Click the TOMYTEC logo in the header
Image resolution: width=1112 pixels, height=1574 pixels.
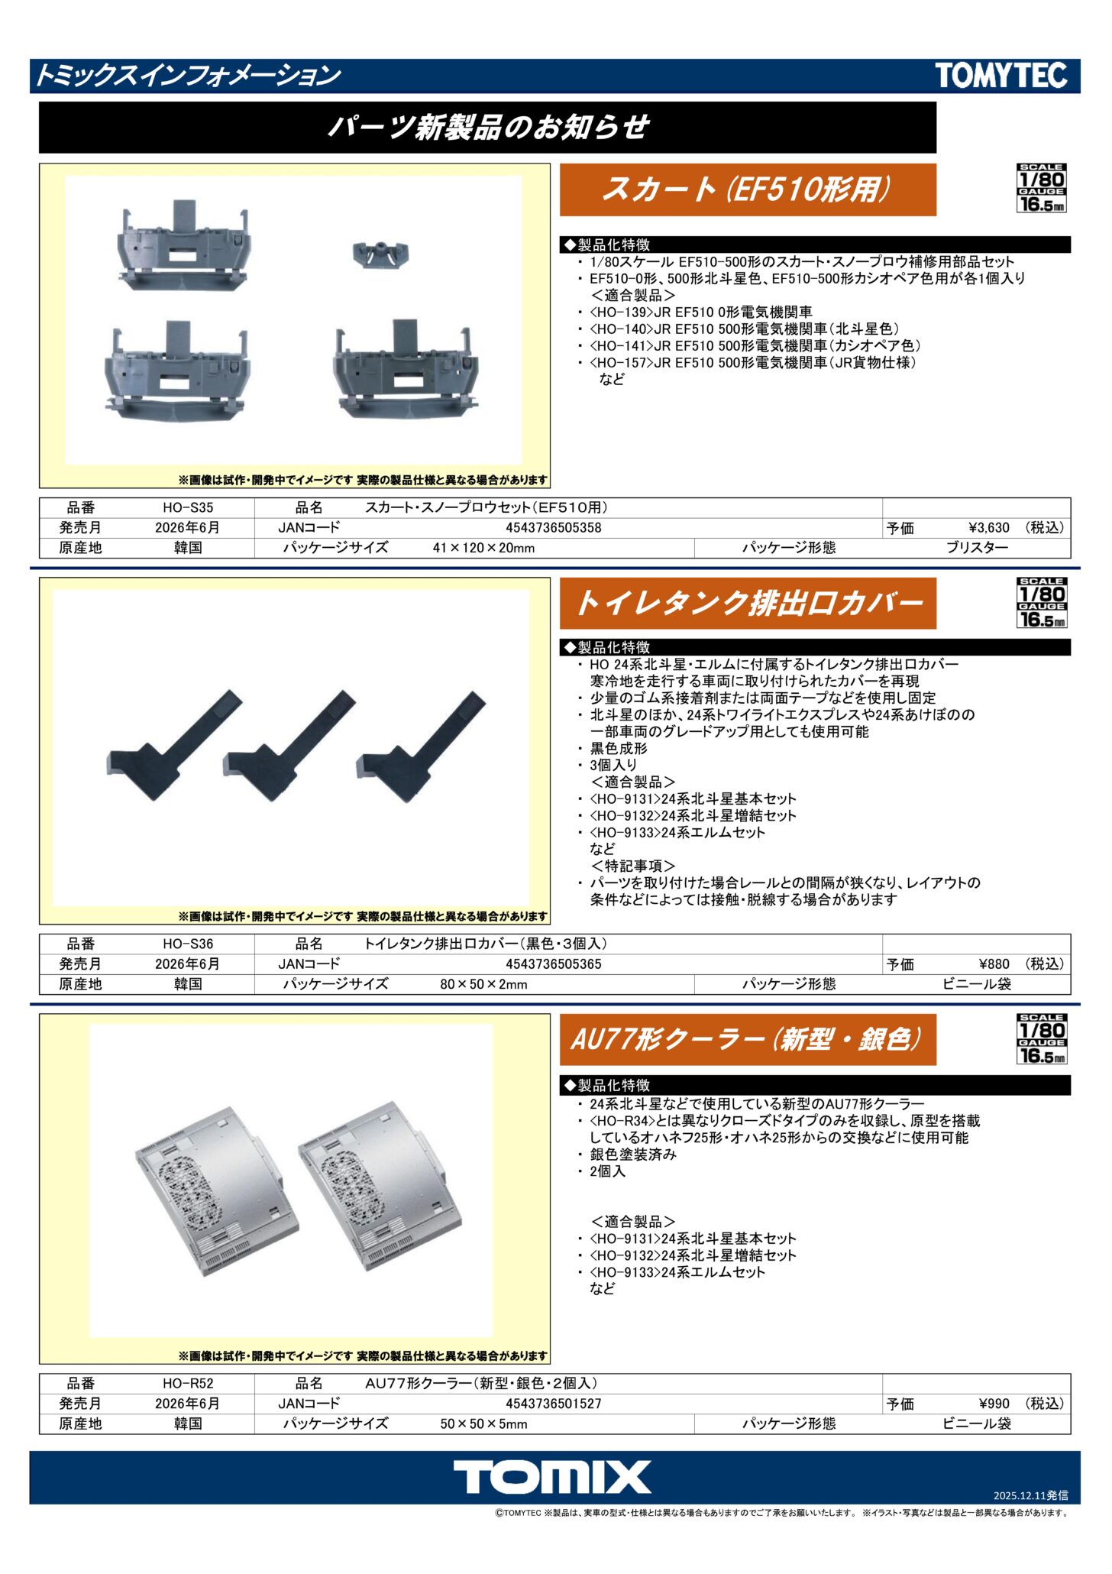(1000, 76)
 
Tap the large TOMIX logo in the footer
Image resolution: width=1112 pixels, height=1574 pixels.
(552, 1477)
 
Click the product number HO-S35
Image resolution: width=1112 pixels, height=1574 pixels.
(188, 507)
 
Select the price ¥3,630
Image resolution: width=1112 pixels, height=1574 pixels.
(989, 528)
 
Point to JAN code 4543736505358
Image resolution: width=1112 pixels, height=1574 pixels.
(554, 528)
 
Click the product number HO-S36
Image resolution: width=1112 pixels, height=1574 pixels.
(188, 944)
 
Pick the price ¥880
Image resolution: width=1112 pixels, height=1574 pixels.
(994, 964)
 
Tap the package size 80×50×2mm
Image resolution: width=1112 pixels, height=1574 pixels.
(483, 984)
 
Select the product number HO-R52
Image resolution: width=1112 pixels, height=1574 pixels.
(188, 1383)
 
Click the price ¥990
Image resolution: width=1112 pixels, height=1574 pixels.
(994, 1404)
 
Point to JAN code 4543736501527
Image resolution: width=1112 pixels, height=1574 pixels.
(554, 1404)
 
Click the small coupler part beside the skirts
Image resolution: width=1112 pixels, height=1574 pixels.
(380, 254)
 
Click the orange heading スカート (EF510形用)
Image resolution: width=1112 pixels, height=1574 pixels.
(748, 189)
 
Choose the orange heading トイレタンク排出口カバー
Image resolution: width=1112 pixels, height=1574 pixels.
(748, 604)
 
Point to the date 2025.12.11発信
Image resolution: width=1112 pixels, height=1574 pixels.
(1030, 1495)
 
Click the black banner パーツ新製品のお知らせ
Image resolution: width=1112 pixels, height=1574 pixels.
(487, 128)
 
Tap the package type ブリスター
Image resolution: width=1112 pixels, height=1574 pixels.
(977, 548)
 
